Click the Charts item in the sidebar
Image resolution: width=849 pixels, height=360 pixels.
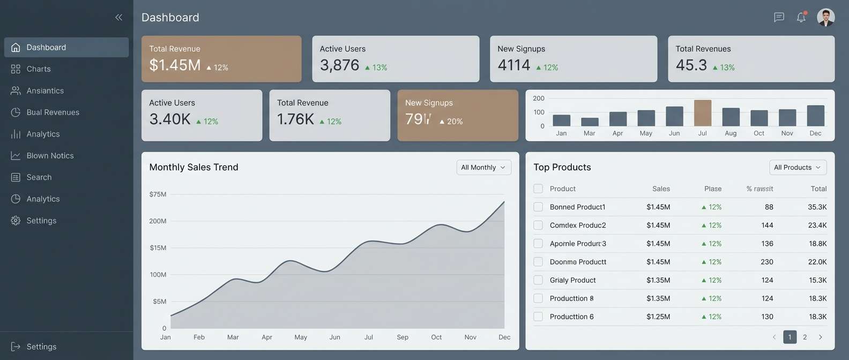[39, 69]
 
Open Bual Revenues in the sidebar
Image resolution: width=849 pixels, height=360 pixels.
[53, 112]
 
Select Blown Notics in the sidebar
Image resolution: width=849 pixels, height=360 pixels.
[50, 156]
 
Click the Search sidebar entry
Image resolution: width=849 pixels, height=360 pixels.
[39, 177]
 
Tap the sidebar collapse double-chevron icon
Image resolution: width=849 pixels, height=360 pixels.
[118, 17]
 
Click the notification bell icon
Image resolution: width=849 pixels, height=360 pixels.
[801, 17]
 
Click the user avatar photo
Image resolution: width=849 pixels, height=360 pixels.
[825, 17]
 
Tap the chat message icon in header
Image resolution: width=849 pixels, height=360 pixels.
[779, 17]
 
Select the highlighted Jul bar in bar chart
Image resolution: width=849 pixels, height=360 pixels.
[702, 113]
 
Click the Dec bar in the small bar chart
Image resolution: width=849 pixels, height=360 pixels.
[815, 116]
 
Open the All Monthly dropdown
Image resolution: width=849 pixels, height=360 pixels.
[483, 168]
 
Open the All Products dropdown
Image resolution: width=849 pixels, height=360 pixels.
[798, 168]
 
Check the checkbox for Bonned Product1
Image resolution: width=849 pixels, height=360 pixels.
[538, 207]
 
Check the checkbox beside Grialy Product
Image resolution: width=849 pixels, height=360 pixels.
[538, 280]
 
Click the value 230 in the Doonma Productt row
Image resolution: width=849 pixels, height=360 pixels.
[766, 262]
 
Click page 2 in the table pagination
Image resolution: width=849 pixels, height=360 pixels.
[805, 337]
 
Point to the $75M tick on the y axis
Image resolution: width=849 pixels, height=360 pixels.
[158, 194]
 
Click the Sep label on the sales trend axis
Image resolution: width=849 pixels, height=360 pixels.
[403, 337]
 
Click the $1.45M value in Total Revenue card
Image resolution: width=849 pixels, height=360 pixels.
[175, 65]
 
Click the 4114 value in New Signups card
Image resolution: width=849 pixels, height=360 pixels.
[513, 65]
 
